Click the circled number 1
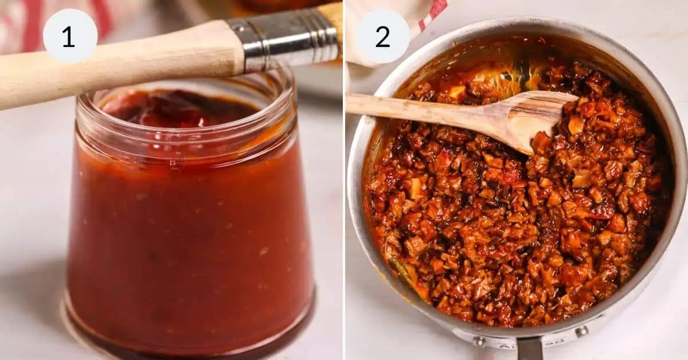pyautogui.click(x=69, y=37)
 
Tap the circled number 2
pyautogui.click(x=382, y=37)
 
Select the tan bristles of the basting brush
pyautogui.click(x=333, y=17)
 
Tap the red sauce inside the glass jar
pyautogui.click(x=189, y=229)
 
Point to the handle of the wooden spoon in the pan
pyautogui.click(x=413, y=105)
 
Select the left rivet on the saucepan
pyautogui.click(x=477, y=341)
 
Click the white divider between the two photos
pyautogui.click(x=344, y=229)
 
